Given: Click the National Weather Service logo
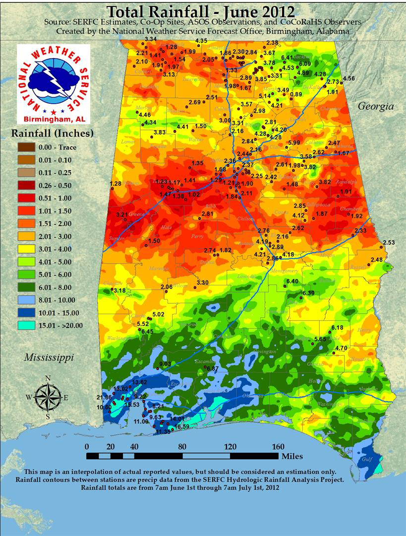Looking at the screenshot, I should [x=54, y=84].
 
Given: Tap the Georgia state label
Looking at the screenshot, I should [x=376, y=106].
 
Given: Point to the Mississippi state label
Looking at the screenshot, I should [x=49, y=357].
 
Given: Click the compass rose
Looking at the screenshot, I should [x=48, y=397].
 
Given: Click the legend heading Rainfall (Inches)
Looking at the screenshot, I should [x=52, y=133].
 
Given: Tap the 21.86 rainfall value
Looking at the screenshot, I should [x=104, y=398].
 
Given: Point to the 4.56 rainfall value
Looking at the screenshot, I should [x=349, y=78].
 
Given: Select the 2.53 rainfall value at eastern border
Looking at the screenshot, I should [x=389, y=243].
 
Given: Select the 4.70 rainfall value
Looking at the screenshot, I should [x=341, y=348].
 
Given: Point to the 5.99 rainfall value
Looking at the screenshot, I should [x=294, y=143].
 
